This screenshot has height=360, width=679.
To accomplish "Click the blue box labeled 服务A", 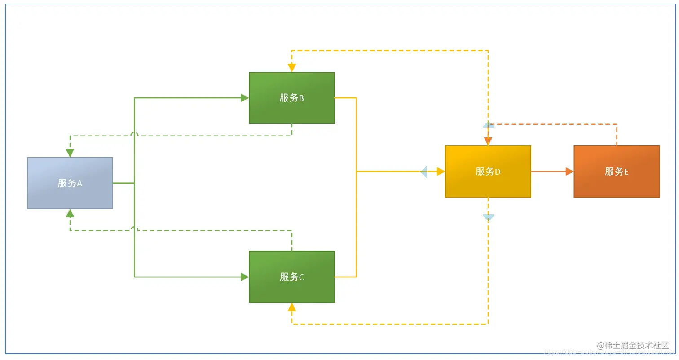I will tap(70, 183).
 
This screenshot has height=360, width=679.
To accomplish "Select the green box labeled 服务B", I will tap(292, 98).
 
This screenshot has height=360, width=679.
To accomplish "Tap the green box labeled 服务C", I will tap(292, 277).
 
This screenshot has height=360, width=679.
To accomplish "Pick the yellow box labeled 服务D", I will tap(488, 171).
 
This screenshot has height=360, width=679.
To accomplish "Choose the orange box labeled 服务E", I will tap(617, 171).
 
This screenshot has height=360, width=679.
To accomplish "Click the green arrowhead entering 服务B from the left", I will tap(245, 98).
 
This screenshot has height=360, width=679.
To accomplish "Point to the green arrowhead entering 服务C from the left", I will tap(245, 277).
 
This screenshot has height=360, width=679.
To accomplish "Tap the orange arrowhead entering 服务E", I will tap(569, 171).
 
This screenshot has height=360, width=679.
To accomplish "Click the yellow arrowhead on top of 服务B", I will tap(292, 68).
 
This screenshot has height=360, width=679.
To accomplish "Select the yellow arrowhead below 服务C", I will tap(292, 307).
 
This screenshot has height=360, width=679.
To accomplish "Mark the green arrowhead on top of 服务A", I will tap(70, 153).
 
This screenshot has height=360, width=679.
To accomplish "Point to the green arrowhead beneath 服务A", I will tap(70, 213).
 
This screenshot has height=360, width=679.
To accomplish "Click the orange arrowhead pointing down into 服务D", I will tap(488, 141).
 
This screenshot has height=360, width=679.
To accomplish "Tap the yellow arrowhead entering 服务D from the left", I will tap(441, 171).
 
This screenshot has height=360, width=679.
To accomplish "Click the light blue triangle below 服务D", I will tap(488, 217).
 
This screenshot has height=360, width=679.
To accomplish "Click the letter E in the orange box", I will tap(626, 171).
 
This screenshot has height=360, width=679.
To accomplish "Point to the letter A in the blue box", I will tap(79, 183).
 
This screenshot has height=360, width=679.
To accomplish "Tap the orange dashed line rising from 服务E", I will tap(617, 135).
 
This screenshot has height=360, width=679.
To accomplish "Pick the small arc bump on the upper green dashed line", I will tap(134, 134).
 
